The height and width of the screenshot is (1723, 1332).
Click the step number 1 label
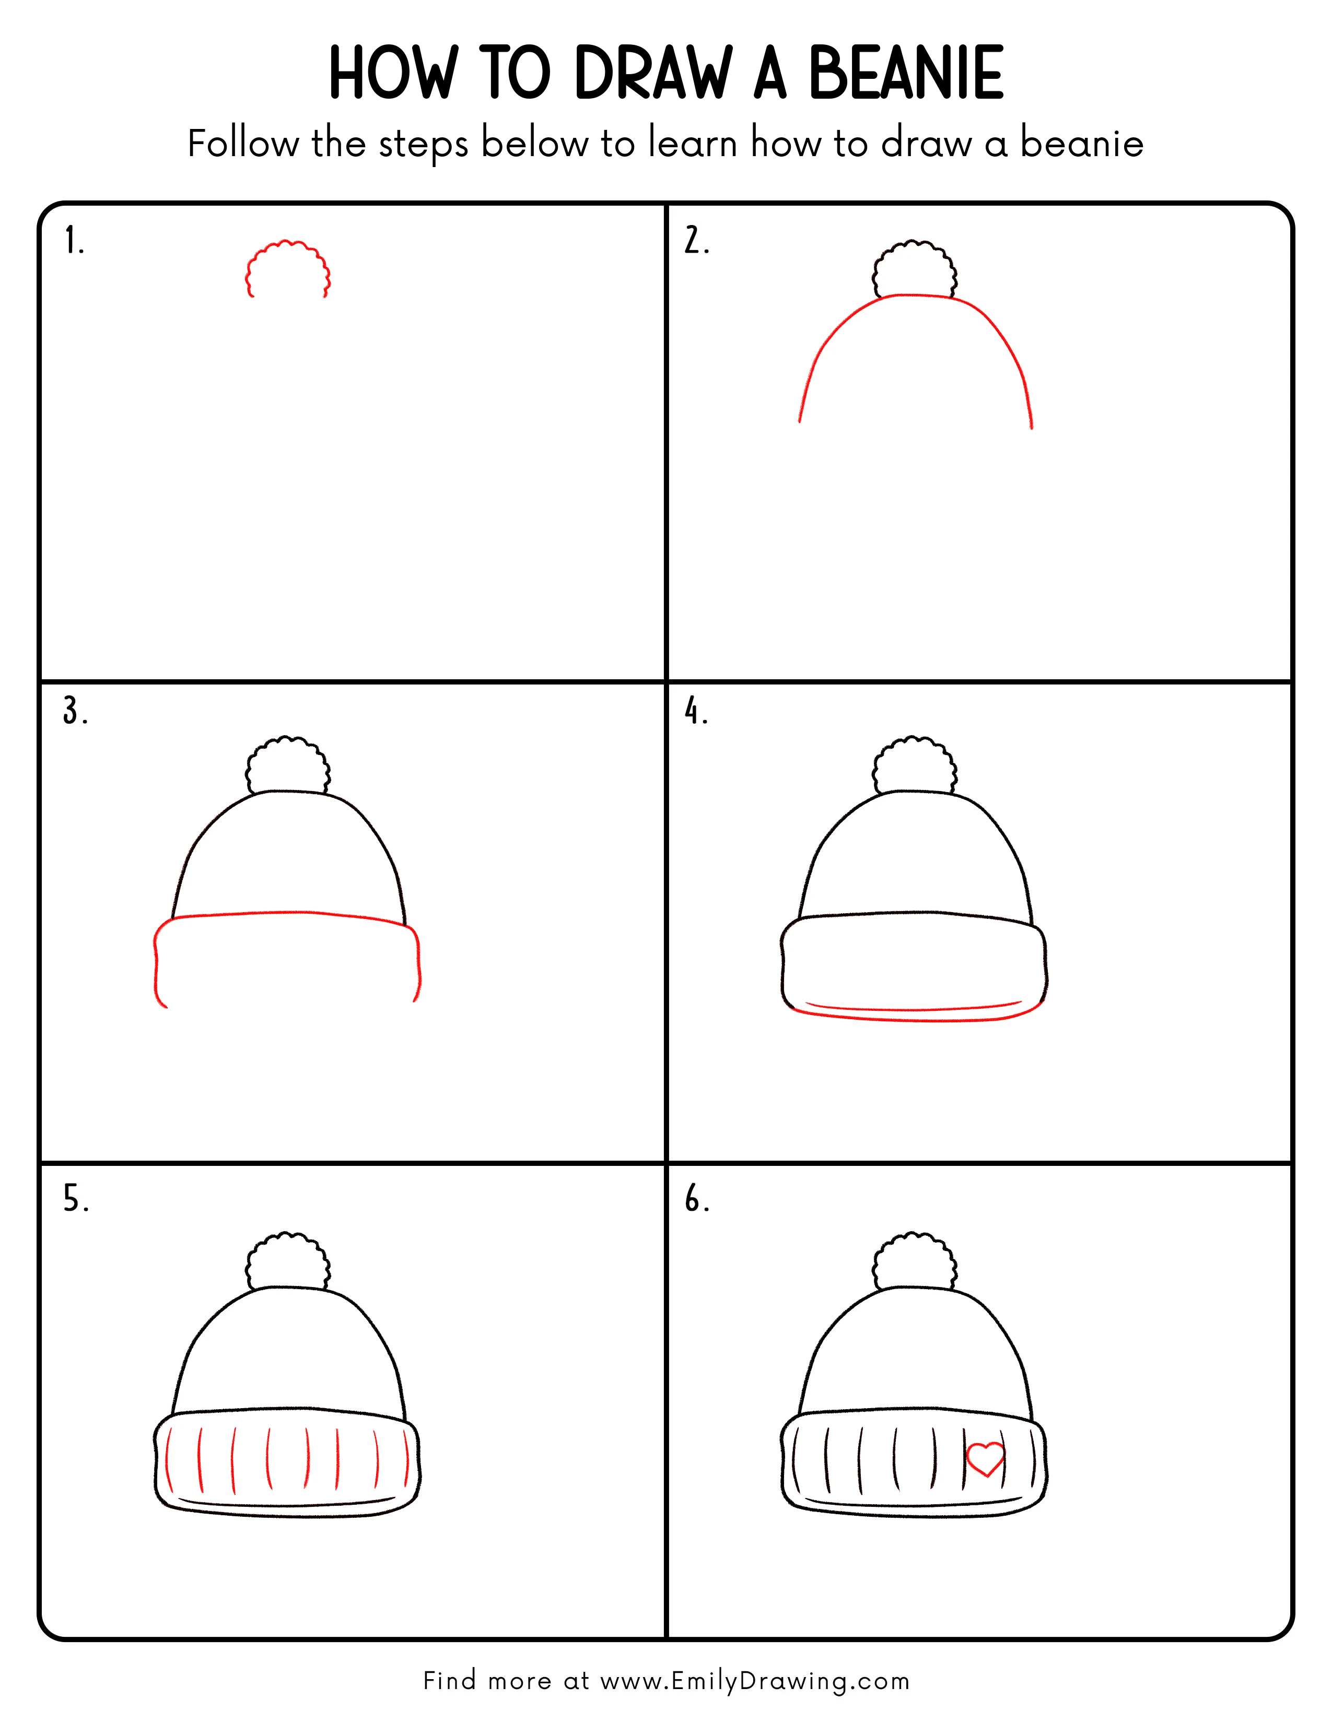73,241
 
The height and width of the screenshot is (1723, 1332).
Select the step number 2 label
696,241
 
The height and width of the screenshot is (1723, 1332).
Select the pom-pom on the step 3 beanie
288,766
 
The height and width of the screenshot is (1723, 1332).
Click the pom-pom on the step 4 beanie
915,766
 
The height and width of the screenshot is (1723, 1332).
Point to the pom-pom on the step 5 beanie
288,1261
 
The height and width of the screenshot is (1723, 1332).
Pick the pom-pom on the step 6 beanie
915,1261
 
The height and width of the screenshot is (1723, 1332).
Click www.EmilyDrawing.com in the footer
754,1681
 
